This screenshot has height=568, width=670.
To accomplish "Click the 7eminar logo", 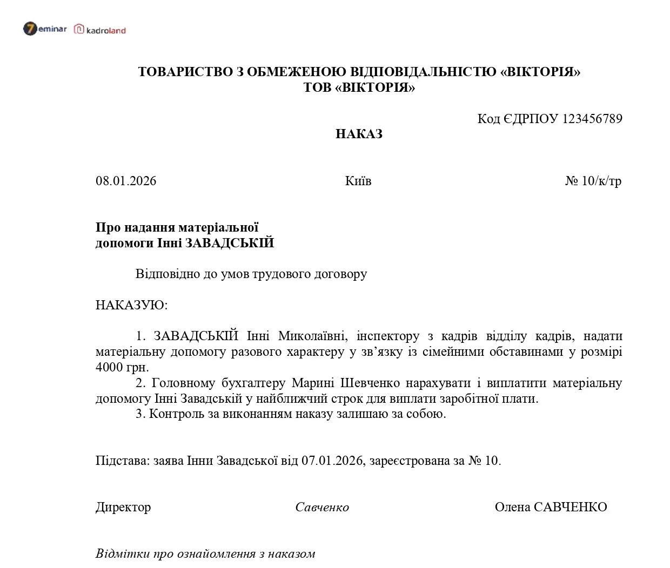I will (x=45, y=29).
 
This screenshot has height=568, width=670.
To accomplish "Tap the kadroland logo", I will (x=100, y=30).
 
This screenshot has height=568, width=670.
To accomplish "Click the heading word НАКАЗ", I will (x=359, y=134).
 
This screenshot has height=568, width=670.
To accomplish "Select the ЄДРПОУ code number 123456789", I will (x=592, y=119).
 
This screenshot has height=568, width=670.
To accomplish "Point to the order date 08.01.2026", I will (x=126, y=181).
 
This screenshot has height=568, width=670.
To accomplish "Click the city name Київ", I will (x=358, y=181).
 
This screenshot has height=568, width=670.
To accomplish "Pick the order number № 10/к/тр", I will (x=593, y=181).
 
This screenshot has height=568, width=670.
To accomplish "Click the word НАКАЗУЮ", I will (x=131, y=305).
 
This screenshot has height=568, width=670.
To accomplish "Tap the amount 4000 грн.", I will (x=122, y=367).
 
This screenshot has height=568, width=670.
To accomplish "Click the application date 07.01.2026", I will (x=332, y=461).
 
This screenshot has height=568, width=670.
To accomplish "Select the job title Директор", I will (x=123, y=507).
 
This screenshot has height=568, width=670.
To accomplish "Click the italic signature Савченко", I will (x=322, y=507).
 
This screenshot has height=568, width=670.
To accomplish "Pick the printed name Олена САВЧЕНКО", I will (x=551, y=507).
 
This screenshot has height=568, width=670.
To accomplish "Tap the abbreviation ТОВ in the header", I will (x=317, y=87).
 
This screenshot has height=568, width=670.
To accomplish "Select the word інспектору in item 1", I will (x=388, y=336).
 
